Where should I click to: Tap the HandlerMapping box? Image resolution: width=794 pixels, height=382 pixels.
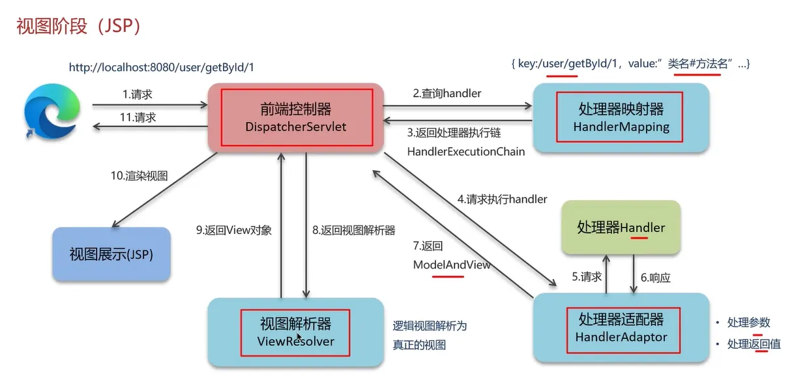pos(621,117)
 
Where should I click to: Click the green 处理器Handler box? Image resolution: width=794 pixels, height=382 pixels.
pos(621,228)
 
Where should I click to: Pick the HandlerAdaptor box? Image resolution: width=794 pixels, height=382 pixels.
pos(621,328)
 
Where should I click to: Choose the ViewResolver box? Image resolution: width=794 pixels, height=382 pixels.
pos(295,332)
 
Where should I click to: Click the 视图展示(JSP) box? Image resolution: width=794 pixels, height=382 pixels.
pos(111,254)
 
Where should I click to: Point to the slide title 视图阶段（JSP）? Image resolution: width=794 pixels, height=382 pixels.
pos(79,27)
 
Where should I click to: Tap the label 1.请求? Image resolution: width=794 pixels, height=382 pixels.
pos(137,95)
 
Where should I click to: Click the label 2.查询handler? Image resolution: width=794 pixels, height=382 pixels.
pos(447,93)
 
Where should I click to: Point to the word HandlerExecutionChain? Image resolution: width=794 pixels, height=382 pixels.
pos(465,151)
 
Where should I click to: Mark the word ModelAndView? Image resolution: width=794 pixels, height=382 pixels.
pos(452,265)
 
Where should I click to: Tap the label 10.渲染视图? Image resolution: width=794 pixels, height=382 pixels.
pos(139,176)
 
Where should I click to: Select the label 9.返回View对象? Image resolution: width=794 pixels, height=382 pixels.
pos(233,229)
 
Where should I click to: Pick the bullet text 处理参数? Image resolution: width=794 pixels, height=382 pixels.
pos(748,322)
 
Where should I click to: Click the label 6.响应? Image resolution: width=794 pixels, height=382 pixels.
pos(655,277)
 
